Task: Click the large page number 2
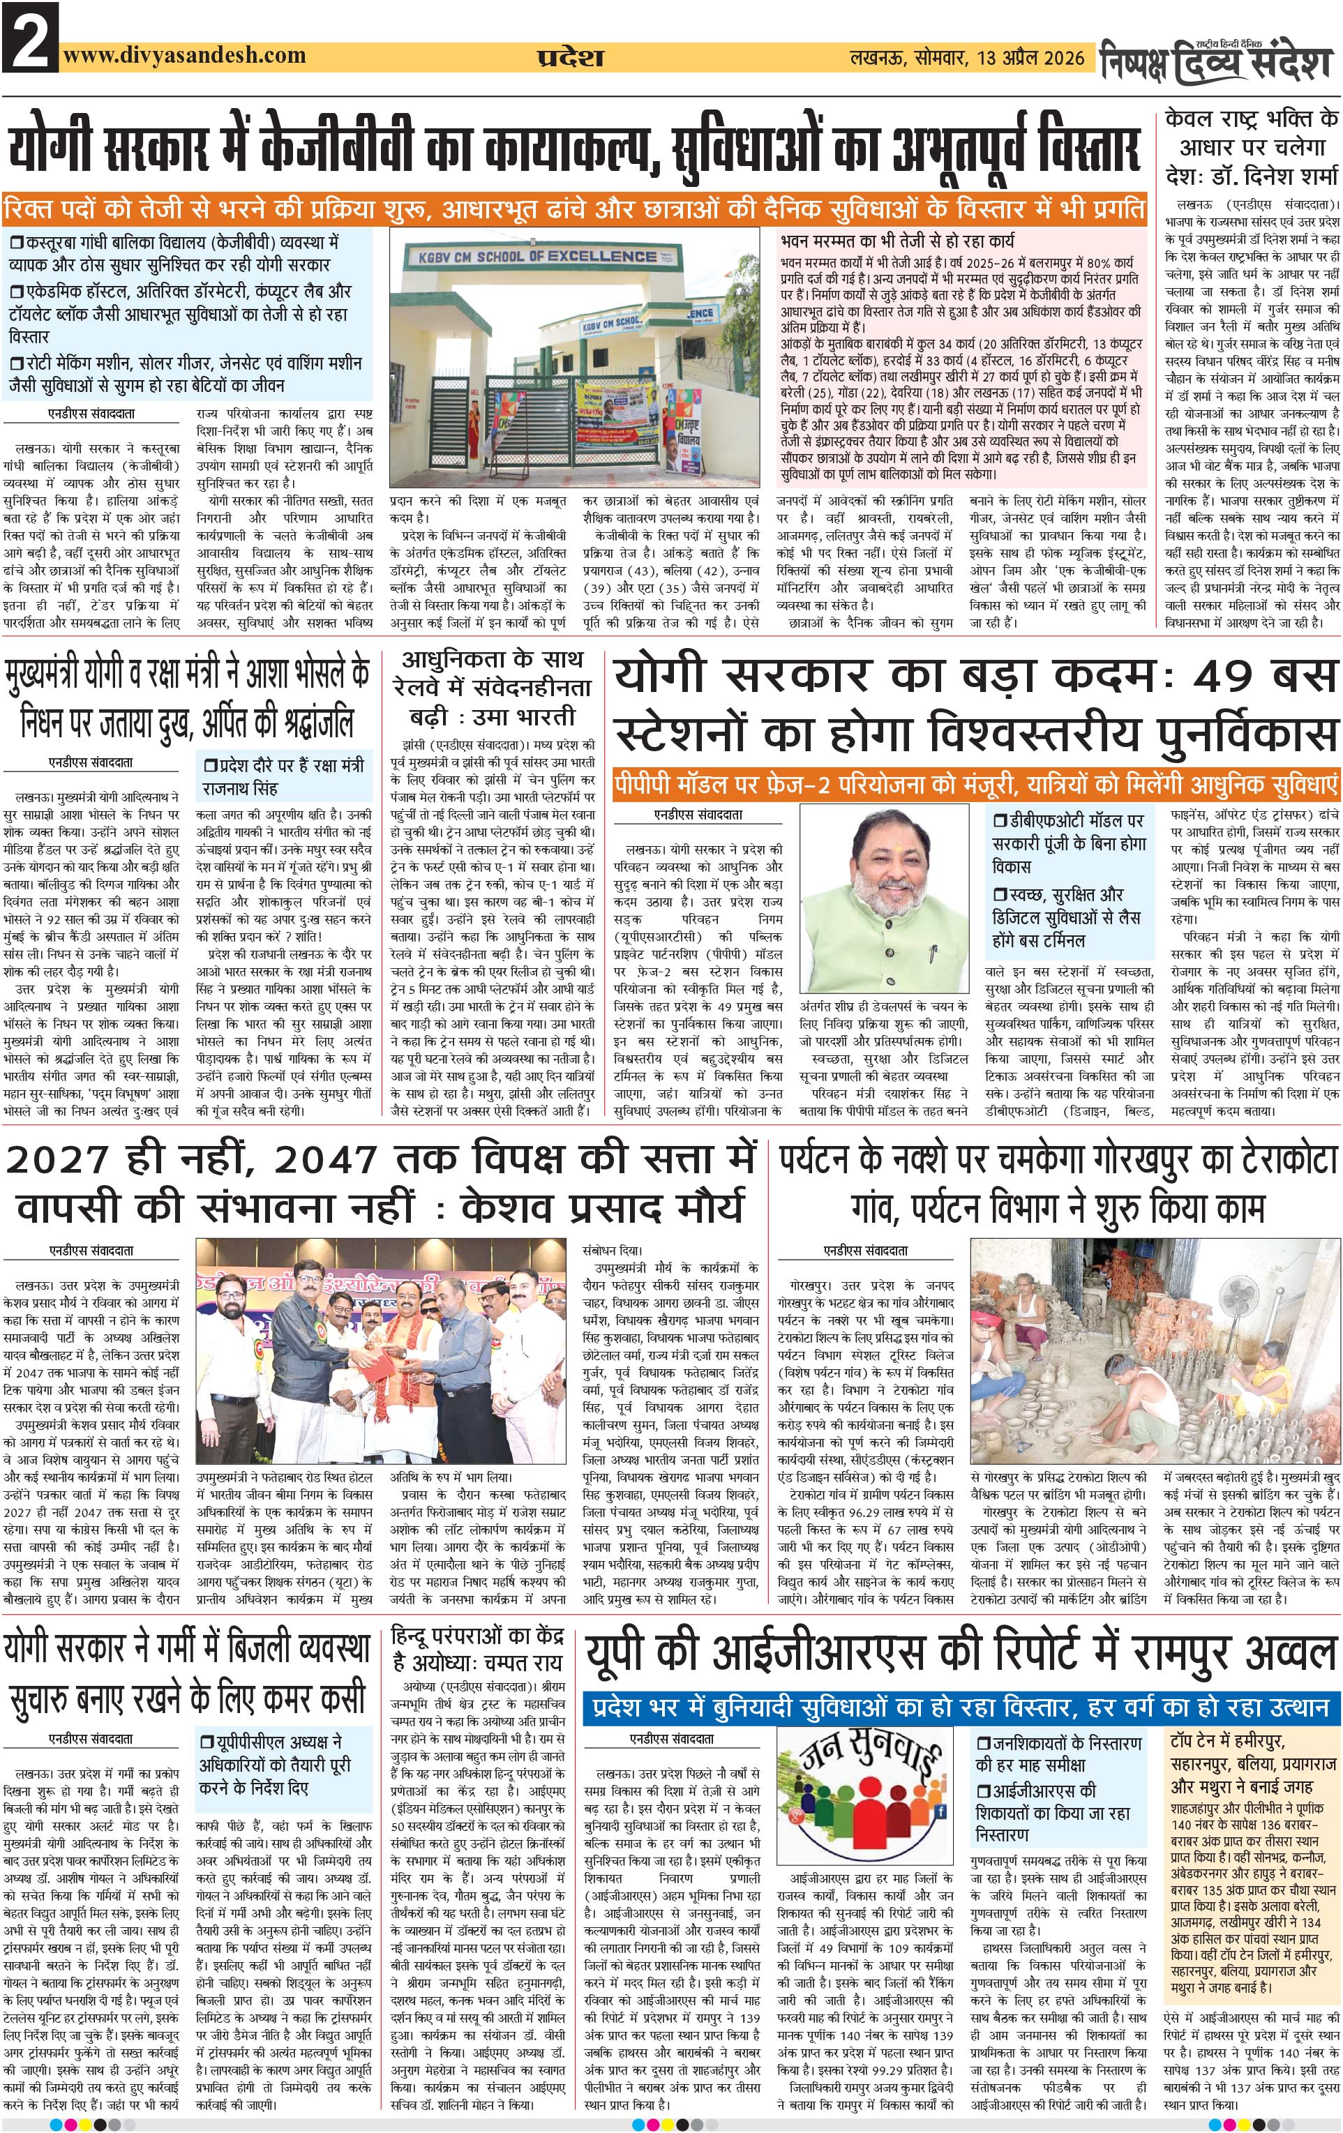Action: pyautogui.click(x=29, y=37)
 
